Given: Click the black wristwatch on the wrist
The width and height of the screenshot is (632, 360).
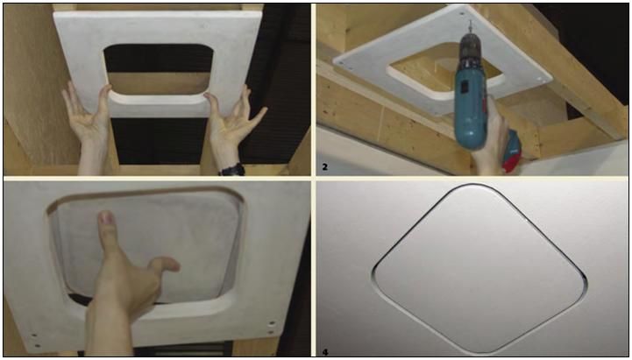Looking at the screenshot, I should click(x=231, y=168).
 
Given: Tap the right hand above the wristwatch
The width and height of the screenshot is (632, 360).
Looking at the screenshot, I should click(x=230, y=123).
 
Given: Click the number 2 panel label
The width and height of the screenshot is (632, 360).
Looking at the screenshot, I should click(x=325, y=164).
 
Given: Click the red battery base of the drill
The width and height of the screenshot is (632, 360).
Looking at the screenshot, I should click(x=510, y=153).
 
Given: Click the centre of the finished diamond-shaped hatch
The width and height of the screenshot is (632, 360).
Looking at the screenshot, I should click(x=473, y=266).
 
